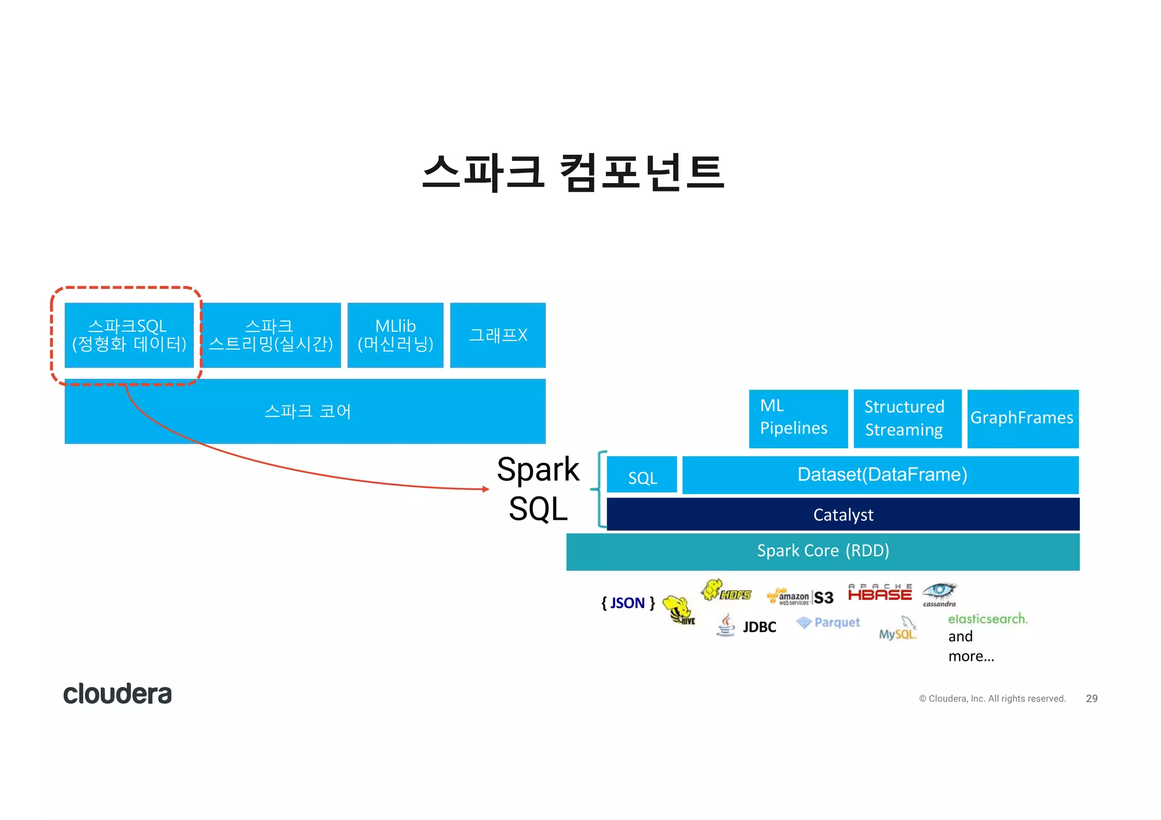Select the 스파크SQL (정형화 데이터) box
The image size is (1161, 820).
click(x=129, y=335)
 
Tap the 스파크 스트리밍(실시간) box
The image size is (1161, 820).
click(x=271, y=335)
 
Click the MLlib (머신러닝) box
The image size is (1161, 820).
click(x=395, y=335)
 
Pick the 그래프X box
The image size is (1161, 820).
click(x=498, y=335)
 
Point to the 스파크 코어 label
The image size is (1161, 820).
click(x=307, y=411)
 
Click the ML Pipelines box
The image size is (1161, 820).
click(x=798, y=418)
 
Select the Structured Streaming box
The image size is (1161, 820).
click(x=907, y=418)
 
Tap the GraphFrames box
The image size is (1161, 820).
click(x=1022, y=418)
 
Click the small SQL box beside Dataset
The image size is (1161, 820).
click(x=642, y=475)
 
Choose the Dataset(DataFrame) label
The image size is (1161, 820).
click(x=882, y=475)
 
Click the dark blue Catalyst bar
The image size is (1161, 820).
click(x=843, y=515)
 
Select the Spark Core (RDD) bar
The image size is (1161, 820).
click(x=823, y=551)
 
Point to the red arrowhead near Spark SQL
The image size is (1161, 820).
click(x=485, y=488)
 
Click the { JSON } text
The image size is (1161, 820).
click(x=628, y=603)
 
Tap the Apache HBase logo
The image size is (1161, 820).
click(x=879, y=593)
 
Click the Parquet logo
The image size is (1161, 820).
click(x=828, y=623)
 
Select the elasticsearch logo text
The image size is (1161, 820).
click(x=987, y=619)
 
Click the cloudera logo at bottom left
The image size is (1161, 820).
click(x=117, y=694)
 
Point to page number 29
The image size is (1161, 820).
click(x=1091, y=699)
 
